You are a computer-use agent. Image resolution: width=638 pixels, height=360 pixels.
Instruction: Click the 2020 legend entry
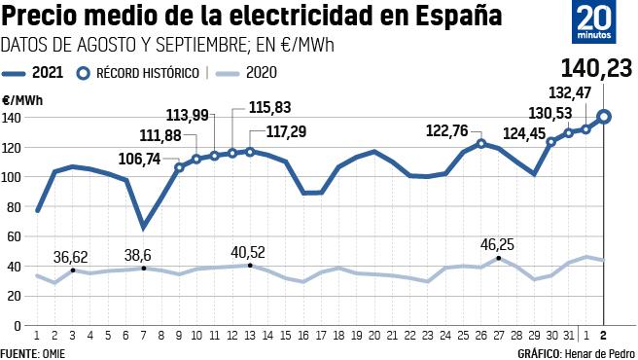(248, 72)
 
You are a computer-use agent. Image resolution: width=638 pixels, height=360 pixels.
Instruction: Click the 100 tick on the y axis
(12, 177)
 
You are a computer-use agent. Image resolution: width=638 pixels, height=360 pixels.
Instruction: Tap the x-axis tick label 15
(286, 336)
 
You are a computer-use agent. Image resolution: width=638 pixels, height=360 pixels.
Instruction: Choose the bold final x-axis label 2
(604, 336)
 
